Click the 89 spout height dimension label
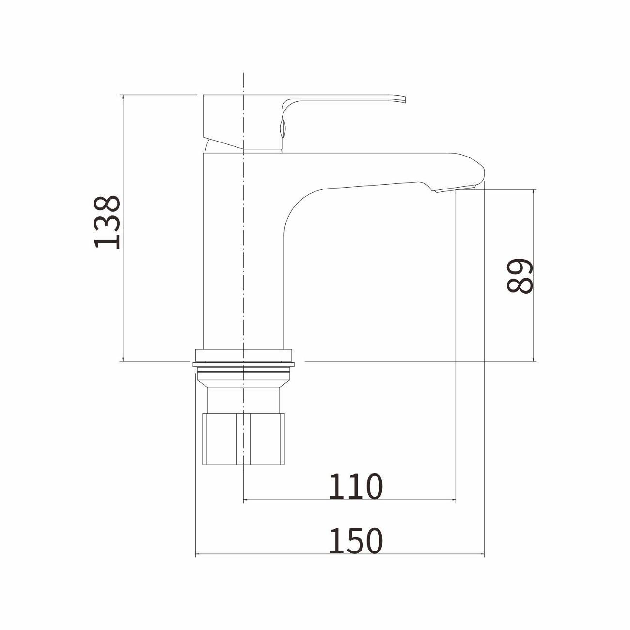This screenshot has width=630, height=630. point(520,276)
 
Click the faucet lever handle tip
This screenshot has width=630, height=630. point(404,99)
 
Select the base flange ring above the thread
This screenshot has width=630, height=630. point(244,355)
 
